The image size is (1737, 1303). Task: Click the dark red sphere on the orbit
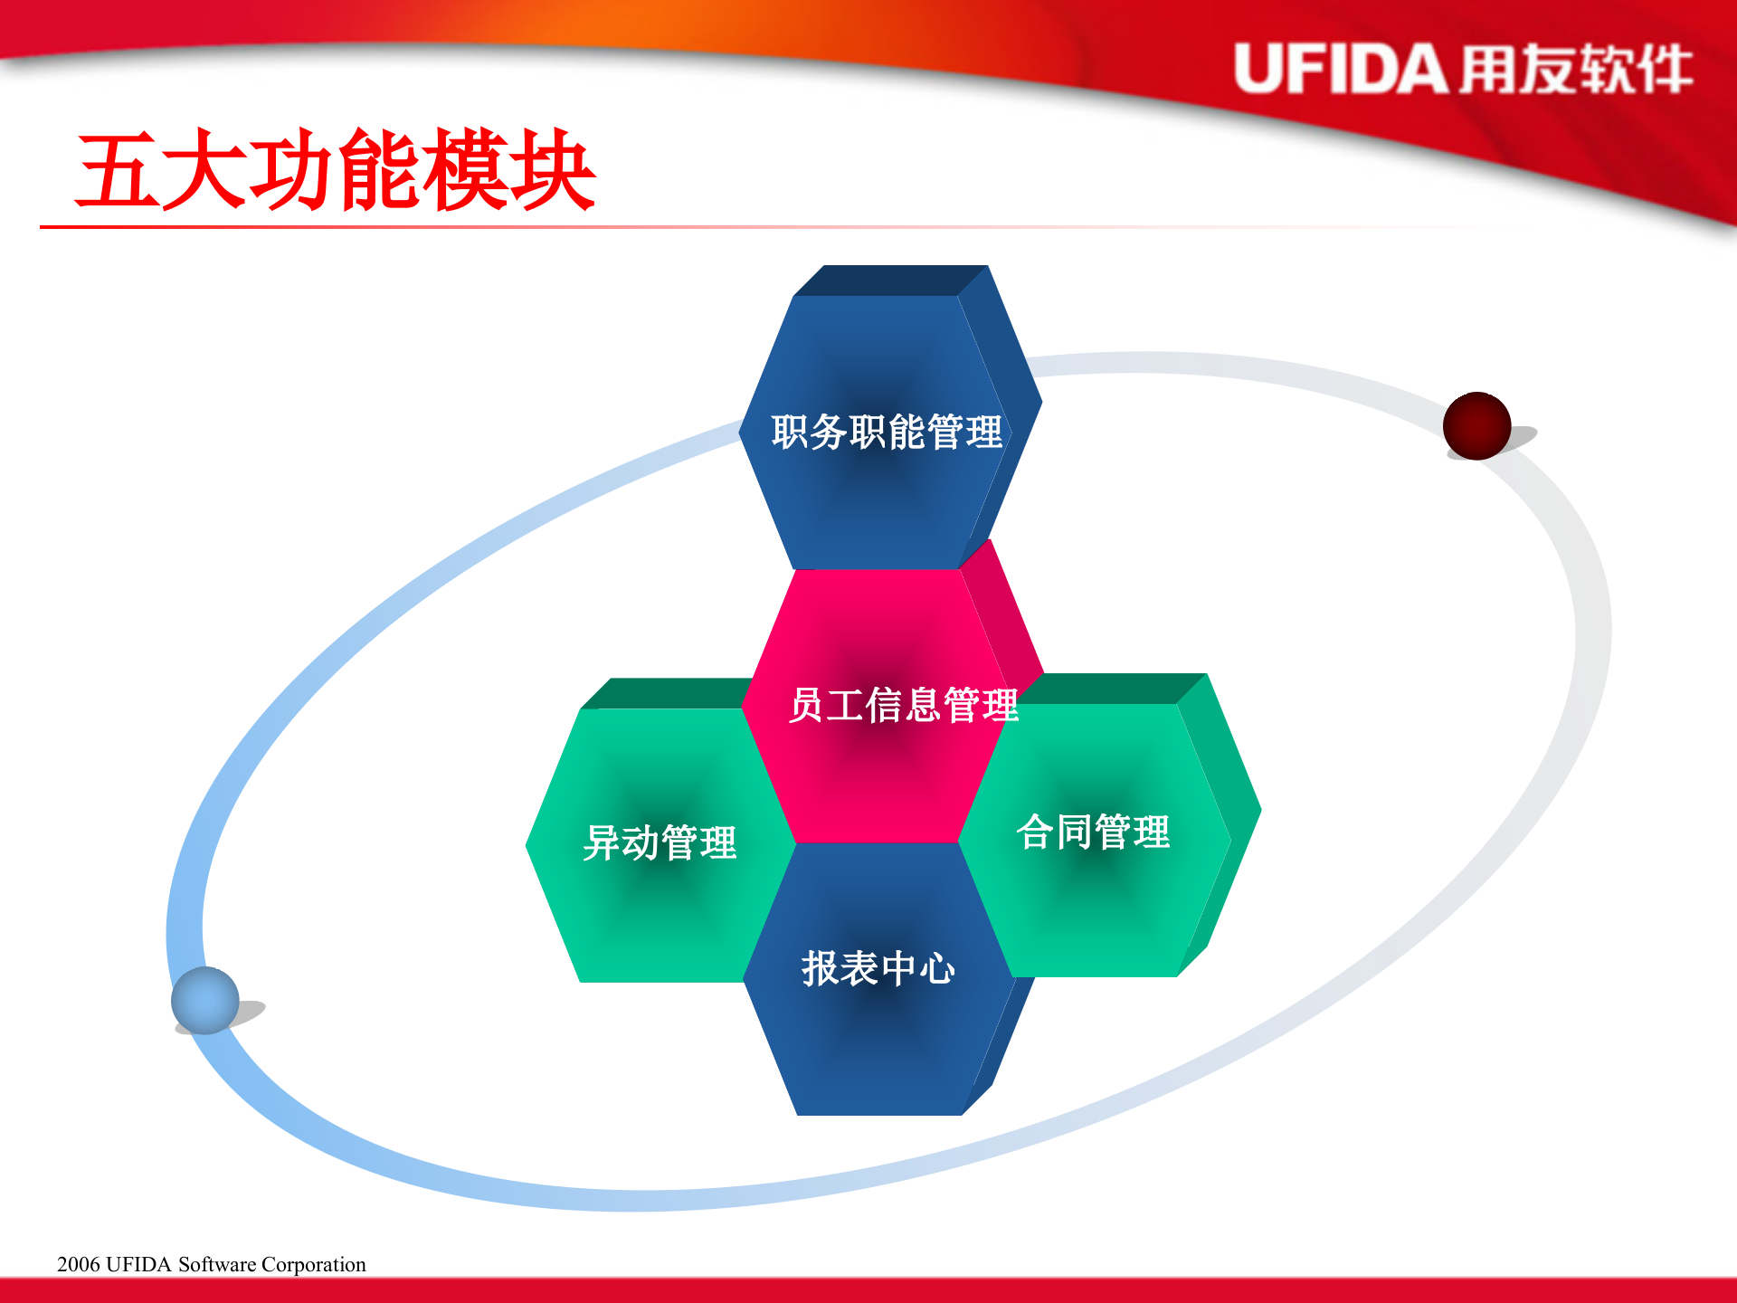coord(1476,425)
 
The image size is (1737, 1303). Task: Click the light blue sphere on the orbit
coord(205,1000)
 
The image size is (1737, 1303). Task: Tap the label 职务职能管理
coord(887,432)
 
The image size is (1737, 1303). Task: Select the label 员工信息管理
coord(903,705)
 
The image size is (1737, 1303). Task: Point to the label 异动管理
coord(660,842)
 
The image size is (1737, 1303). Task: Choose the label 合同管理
coord(1093,832)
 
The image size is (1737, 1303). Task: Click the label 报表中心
coord(878,968)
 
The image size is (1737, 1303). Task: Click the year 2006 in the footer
coord(78,1264)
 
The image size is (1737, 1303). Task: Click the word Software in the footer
coord(217,1264)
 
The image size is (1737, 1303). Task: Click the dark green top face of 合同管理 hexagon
coord(1113,689)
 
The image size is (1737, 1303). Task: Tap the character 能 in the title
coord(378,172)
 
